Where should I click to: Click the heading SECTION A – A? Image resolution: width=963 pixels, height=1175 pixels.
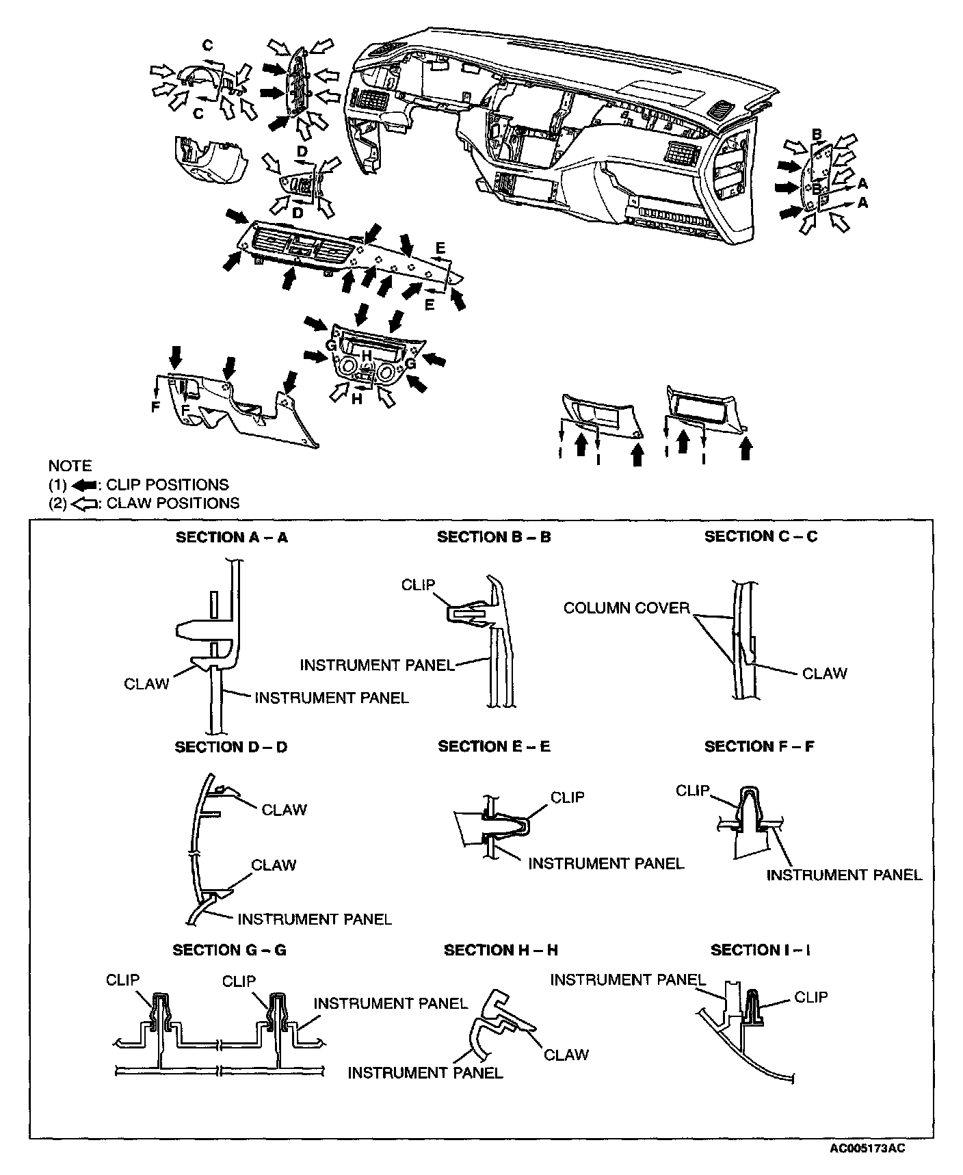coord(231,538)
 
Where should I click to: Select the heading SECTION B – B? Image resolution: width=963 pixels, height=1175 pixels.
coord(494,538)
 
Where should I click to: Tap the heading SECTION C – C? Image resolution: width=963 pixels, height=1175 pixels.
coord(761,537)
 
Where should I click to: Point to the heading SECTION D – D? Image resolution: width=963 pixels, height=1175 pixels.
coord(230,747)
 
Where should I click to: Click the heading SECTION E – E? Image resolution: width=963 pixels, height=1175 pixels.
coord(494,746)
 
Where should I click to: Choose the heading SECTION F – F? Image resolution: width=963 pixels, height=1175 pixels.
coord(759,746)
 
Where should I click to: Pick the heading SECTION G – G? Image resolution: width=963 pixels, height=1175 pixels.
coord(229,950)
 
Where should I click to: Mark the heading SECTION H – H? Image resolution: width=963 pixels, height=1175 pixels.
coord(501,950)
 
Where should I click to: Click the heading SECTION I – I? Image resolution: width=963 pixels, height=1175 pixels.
coord(761,950)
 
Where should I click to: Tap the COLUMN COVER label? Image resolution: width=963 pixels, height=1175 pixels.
coord(626,608)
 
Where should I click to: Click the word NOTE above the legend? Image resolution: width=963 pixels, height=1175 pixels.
coord(70,466)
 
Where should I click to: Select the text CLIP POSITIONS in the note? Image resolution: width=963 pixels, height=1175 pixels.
coord(168,485)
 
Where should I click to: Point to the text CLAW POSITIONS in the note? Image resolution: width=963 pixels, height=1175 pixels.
coord(173,503)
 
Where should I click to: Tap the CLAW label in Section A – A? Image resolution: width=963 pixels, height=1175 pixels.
coord(146,684)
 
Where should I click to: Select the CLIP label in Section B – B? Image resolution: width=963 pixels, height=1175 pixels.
coord(418,585)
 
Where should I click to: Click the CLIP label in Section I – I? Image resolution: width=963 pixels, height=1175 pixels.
coord(810,997)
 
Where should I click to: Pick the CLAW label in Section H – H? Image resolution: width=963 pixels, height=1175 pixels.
coord(566,1055)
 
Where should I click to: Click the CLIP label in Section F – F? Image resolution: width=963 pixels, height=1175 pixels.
coord(692,791)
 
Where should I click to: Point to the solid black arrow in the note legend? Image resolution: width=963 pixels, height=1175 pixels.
coord(82,485)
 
